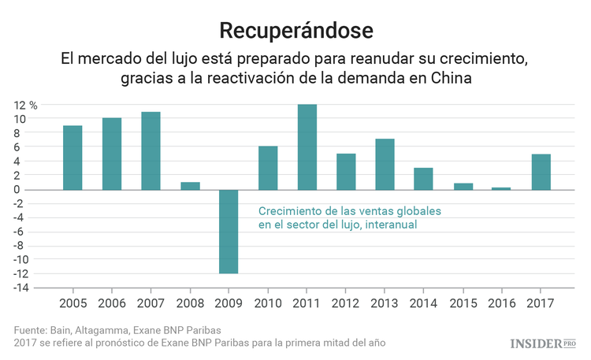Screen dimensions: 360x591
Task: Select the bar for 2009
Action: point(229,232)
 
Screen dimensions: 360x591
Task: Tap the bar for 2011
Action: point(307,147)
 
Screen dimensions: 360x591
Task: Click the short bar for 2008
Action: point(190,186)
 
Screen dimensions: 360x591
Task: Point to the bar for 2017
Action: point(541,172)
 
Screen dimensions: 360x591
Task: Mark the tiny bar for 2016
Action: point(502,188)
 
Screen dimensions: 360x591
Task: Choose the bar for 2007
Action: point(151,150)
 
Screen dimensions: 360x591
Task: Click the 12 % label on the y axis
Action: point(24,105)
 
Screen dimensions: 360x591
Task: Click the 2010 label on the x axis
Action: point(268,303)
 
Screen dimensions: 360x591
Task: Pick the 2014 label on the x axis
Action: point(423,303)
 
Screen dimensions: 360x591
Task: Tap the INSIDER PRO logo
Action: point(544,343)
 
